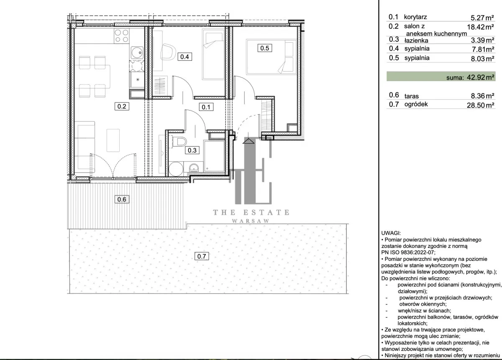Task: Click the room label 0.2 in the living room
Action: pos(122,106)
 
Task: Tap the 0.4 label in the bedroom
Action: pos(184,57)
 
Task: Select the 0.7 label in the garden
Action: pos(202,256)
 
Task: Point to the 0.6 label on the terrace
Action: pos(122,199)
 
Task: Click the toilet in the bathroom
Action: pos(179,142)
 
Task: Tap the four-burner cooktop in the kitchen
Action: pos(121,36)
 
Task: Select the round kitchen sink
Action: pos(137,53)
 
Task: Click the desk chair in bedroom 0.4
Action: pos(168,52)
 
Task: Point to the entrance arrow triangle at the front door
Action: pos(248,141)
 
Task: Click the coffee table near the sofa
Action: pos(113,140)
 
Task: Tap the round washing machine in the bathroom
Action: pos(176,169)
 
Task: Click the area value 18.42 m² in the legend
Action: pos(481,27)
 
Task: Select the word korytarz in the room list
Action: pos(415,17)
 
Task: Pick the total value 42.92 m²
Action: pos(481,77)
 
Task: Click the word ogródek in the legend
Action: pos(416,104)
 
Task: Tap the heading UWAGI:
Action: pos(391,233)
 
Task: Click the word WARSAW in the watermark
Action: pos(251,221)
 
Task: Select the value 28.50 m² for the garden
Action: pos(481,105)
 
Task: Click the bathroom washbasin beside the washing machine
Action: pos(194,167)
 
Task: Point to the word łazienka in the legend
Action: pos(416,41)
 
